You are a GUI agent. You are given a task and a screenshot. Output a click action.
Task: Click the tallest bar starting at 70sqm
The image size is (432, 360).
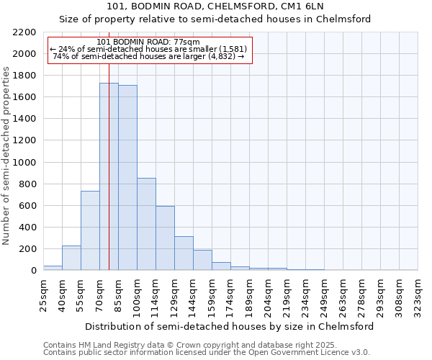point(109,176)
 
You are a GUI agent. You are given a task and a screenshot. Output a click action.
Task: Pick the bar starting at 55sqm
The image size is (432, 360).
point(90,230)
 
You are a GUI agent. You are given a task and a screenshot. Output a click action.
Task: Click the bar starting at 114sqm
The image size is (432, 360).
point(165,238)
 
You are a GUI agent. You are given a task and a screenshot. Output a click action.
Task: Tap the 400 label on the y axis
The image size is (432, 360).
point(28,228)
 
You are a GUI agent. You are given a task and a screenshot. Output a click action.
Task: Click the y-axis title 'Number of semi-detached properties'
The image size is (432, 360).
point(7,156)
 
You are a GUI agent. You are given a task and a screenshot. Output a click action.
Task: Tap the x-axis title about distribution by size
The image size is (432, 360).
point(230,326)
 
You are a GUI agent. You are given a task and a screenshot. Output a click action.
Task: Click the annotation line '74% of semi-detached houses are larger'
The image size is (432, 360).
point(150,56)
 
